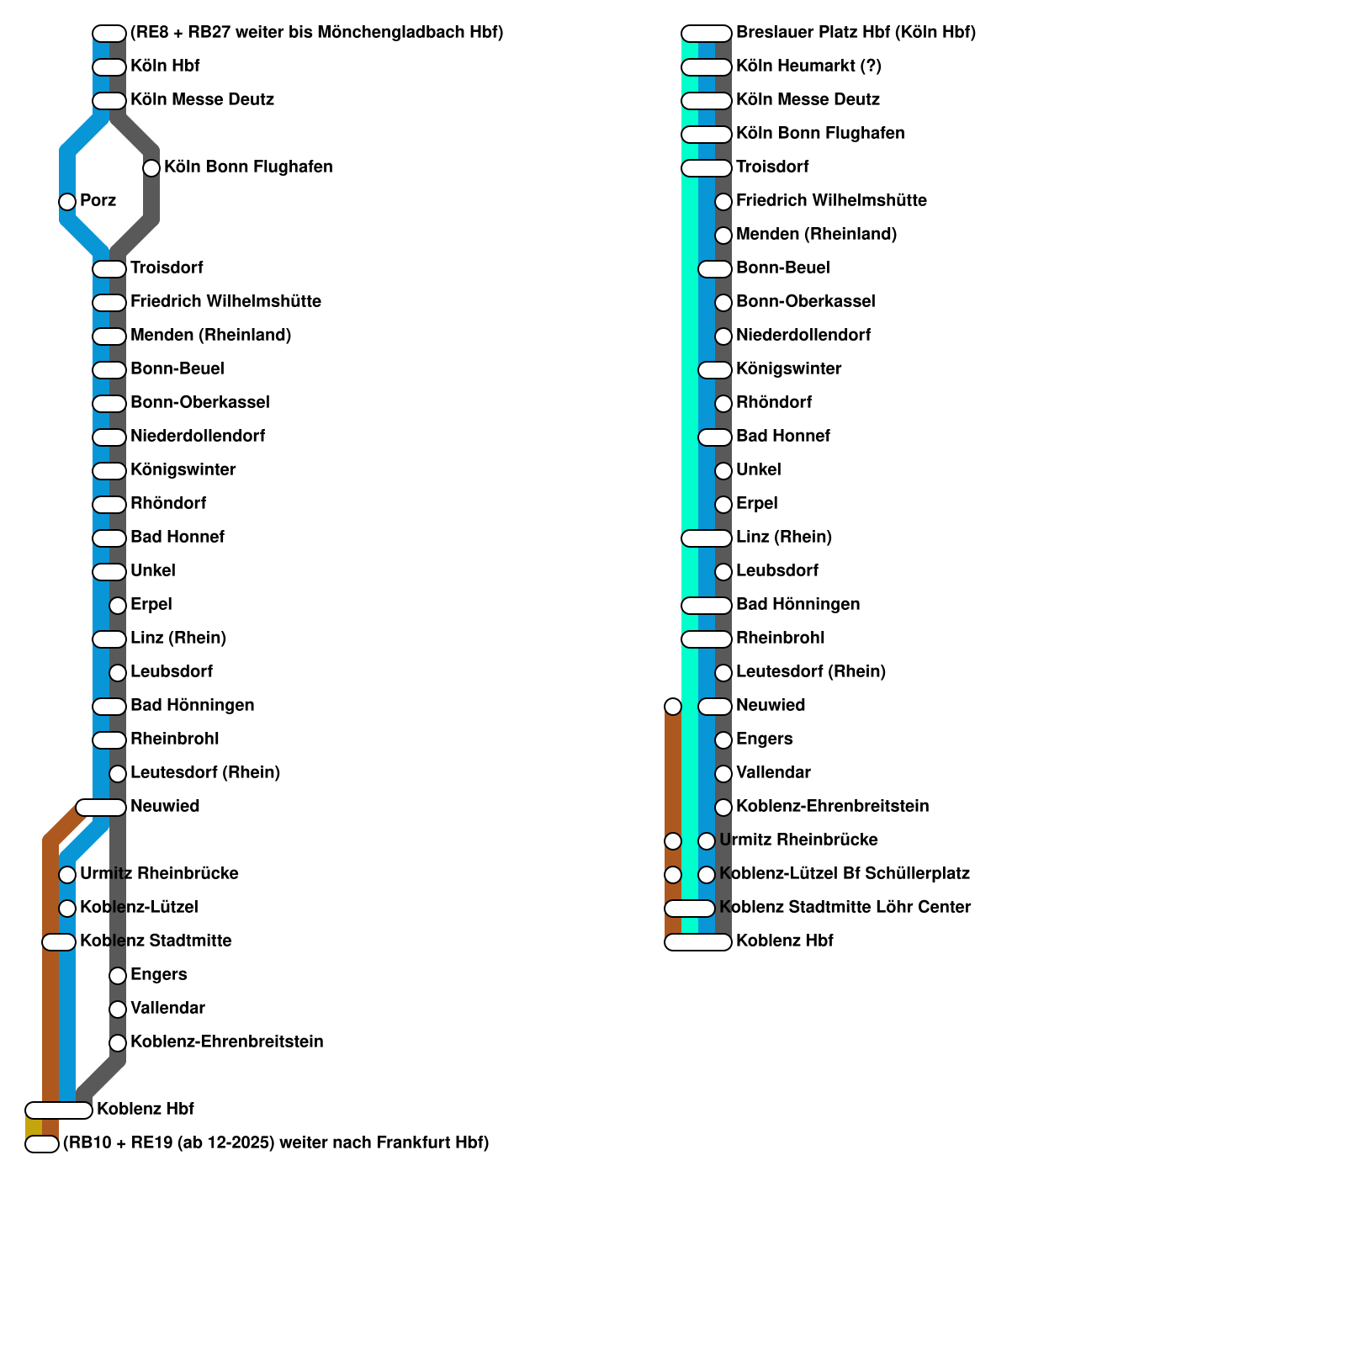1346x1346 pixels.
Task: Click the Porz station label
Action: [98, 201]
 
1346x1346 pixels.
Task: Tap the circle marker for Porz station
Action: [67, 202]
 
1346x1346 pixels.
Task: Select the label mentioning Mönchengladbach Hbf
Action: [316, 33]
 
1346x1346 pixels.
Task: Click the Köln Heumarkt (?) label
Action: [808, 66]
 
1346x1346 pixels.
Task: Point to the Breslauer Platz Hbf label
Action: [856, 33]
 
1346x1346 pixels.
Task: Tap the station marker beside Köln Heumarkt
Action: [706, 67]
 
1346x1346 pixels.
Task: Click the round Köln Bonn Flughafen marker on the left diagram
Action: [151, 168]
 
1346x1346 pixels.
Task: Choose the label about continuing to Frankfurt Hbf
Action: [276, 1143]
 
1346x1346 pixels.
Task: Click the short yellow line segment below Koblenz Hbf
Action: [34, 1126]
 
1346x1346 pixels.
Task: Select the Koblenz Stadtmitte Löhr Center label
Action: [845, 908]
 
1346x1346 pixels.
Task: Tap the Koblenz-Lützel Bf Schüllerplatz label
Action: [845, 874]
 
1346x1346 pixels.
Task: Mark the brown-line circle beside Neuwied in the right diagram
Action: [673, 707]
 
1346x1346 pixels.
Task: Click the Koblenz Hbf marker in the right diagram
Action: [698, 942]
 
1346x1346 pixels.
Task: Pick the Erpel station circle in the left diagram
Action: [118, 606]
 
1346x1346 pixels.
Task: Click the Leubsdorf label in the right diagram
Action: [776, 571]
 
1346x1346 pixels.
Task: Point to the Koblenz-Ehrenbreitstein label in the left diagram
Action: [226, 1042]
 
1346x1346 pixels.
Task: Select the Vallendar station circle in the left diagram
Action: [118, 1010]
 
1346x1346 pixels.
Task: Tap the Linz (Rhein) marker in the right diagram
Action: [706, 538]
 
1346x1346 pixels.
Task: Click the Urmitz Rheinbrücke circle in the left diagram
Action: [67, 875]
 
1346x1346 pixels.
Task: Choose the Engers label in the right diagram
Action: [764, 739]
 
